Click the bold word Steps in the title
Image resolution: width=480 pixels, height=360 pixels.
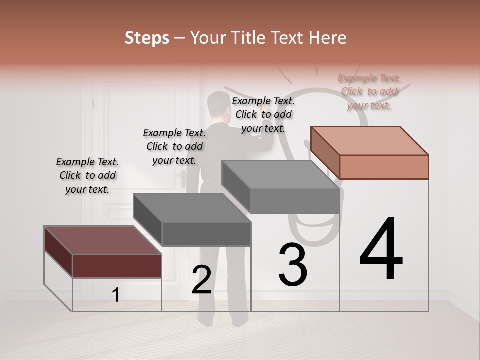tap(147, 38)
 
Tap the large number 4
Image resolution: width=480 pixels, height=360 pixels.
tap(381, 249)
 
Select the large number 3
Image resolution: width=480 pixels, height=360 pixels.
tap(293, 265)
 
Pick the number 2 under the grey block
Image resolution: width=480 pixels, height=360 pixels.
tap(201, 280)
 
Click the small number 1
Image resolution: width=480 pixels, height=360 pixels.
tap(116, 295)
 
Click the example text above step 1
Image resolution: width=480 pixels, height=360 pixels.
tap(87, 175)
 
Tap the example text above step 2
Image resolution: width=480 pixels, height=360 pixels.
tap(174, 146)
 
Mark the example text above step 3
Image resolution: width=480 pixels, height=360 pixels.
tap(263, 114)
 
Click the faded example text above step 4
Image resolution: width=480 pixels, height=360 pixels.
tap(369, 91)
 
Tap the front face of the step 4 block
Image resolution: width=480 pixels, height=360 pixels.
tap(384, 167)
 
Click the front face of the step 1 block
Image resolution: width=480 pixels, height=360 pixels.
tap(117, 266)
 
